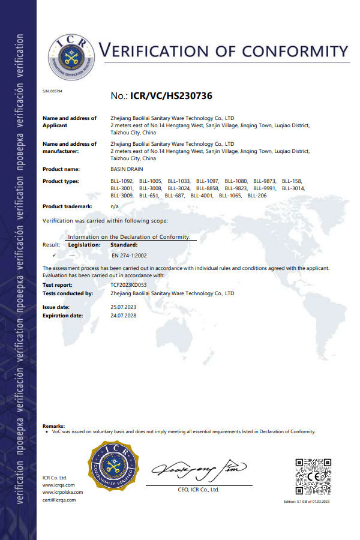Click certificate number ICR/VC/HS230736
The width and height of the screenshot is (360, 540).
tap(171, 95)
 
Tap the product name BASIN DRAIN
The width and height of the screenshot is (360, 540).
tap(127, 169)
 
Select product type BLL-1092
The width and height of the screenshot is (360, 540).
tap(122, 181)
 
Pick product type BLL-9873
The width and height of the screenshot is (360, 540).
tap(265, 181)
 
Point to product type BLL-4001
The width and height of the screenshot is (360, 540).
tap(202, 196)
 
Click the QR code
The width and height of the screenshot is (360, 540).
tap(313, 476)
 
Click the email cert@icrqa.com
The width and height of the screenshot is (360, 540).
tap(59, 499)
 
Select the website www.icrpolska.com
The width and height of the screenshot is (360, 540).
tap(62, 492)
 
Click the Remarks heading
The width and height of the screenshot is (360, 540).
tap(53, 425)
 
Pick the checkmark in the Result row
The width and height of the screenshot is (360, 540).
tap(54, 255)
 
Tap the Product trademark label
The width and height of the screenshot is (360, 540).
tap(67, 206)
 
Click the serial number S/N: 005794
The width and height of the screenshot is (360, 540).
tap(53, 91)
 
